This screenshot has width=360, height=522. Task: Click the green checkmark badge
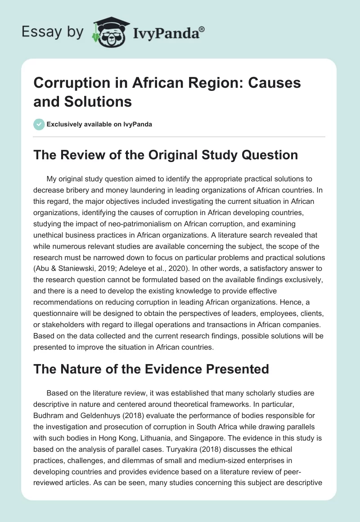(39, 124)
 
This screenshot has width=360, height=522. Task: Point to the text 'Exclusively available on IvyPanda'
(99, 124)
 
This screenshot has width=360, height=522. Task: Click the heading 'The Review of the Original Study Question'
(166, 155)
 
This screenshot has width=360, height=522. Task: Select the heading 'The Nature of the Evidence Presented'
(151, 369)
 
